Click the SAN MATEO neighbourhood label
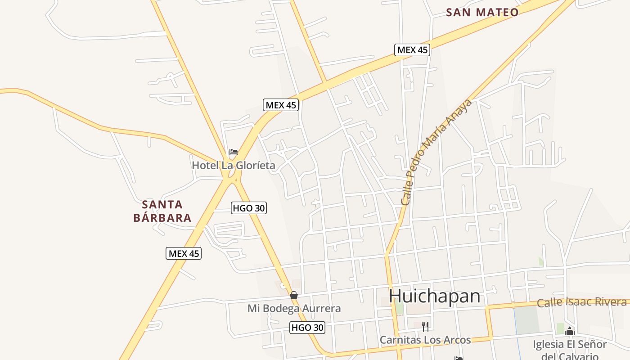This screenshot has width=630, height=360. [482, 12]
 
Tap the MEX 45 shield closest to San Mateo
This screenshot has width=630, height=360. [412, 49]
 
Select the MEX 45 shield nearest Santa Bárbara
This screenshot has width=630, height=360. [183, 253]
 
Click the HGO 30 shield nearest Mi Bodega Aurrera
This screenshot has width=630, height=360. [307, 328]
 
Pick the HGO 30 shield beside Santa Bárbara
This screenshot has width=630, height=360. [249, 208]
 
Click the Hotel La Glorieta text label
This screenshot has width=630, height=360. [234, 165]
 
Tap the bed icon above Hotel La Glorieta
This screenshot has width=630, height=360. [233, 152]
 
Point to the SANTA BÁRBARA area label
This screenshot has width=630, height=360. [162, 211]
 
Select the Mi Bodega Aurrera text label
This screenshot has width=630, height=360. [294, 308]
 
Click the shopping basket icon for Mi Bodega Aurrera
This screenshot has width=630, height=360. [294, 295]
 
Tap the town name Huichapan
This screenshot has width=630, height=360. [434, 296]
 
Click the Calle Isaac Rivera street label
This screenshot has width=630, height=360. [581, 302]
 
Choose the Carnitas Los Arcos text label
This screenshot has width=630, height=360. [425, 340]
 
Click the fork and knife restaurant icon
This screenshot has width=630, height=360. [425, 326]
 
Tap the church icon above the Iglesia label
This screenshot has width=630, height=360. [570, 331]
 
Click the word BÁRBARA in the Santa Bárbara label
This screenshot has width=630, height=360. [162, 218]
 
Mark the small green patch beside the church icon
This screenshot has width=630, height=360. [560, 328]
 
